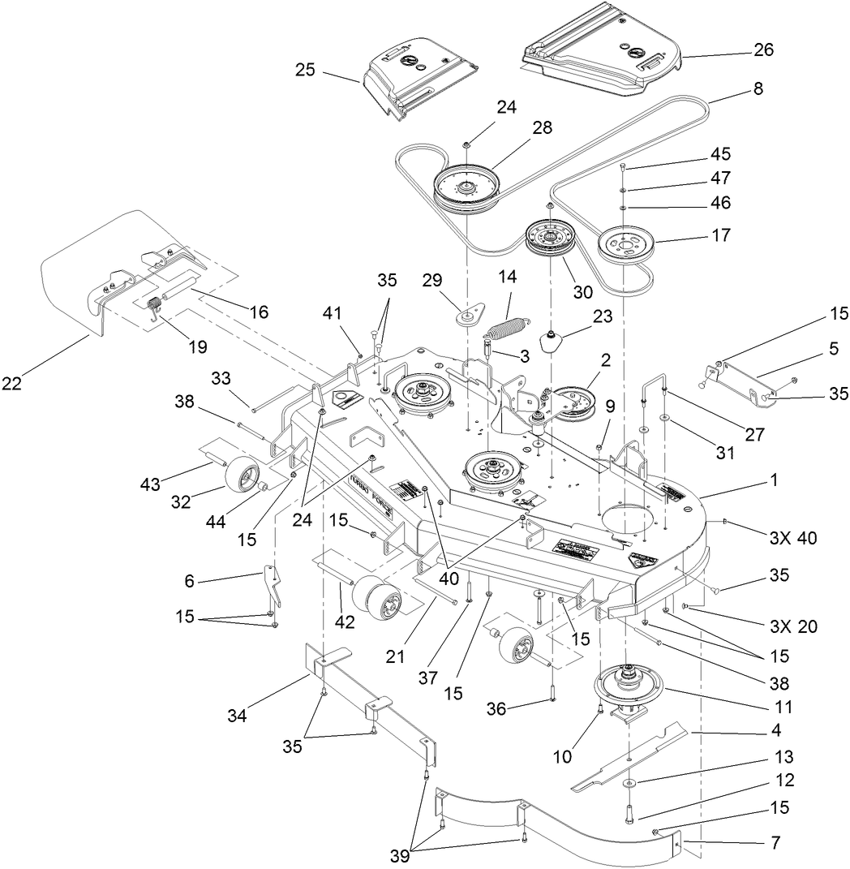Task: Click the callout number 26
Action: pyautogui.click(x=763, y=49)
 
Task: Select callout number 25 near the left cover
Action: pyautogui.click(x=305, y=71)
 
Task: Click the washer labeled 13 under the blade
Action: pyautogui.click(x=629, y=785)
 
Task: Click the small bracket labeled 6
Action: pyautogui.click(x=273, y=587)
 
